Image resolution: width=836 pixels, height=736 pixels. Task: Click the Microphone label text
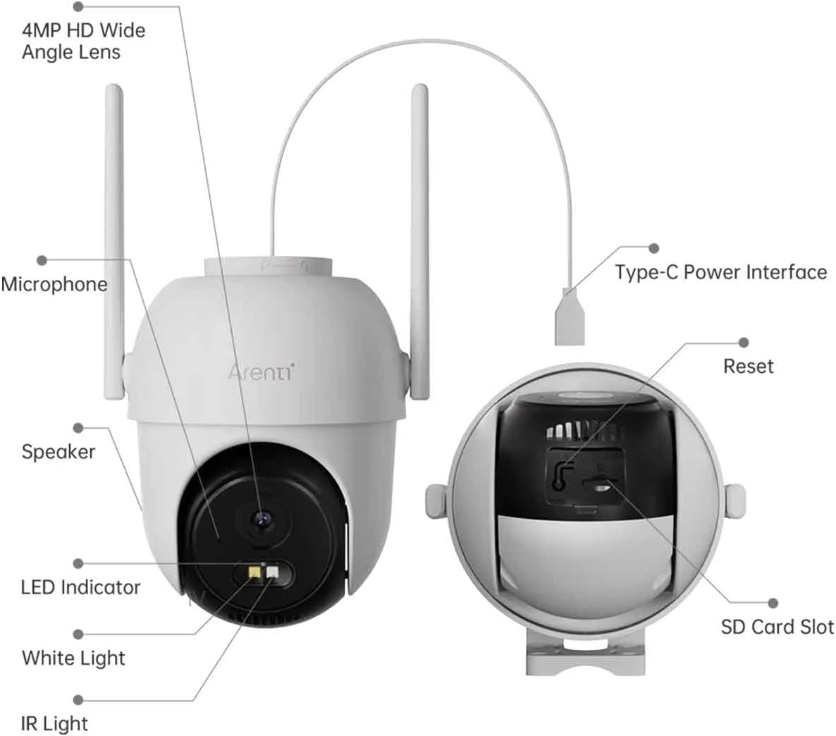coord(54,284)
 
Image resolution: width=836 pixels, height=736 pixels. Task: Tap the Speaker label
coord(58,451)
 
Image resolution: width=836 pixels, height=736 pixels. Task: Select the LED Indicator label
coord(80,587)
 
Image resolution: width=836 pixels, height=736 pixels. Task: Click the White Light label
coord(73,658)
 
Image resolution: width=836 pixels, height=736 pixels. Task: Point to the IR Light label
coord(54,723)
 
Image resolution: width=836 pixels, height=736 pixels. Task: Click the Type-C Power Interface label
coord(720,272)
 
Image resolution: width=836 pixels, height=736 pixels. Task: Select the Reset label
coord(748,366)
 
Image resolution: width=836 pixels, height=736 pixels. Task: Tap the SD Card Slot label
coord(777,626)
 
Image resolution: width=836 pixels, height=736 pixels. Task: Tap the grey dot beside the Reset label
coord(743,343)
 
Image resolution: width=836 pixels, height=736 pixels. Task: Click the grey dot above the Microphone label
coord(42,260)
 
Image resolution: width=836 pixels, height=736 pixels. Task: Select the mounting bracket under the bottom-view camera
coord(574,655)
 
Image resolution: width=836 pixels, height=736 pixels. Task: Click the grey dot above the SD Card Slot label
coord(773,603)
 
